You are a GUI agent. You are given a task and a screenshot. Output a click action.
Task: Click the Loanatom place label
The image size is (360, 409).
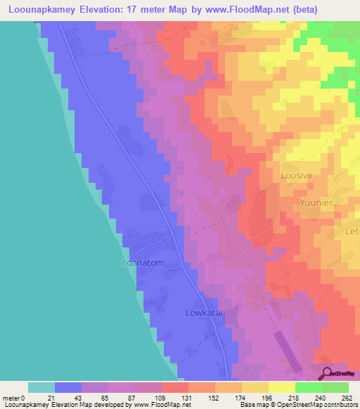(x=143, y=264)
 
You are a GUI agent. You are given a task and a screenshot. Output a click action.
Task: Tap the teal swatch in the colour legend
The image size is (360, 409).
(x=41, y=387)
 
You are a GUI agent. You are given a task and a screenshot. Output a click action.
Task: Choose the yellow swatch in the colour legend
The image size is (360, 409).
(x=281, y=387)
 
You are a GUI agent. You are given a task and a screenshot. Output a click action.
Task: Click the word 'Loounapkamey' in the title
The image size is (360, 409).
(x=43, y=10)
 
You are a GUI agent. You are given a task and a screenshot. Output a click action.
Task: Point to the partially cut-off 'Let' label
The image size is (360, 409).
(x=352, y=231)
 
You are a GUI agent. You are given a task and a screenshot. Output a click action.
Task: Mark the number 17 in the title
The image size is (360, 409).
(x=143, y=10)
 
